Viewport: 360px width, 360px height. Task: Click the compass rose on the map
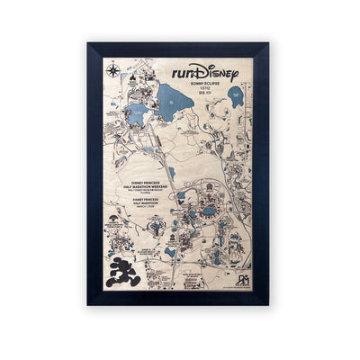(112, 69)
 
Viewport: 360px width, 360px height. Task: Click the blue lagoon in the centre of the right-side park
(209, 212)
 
